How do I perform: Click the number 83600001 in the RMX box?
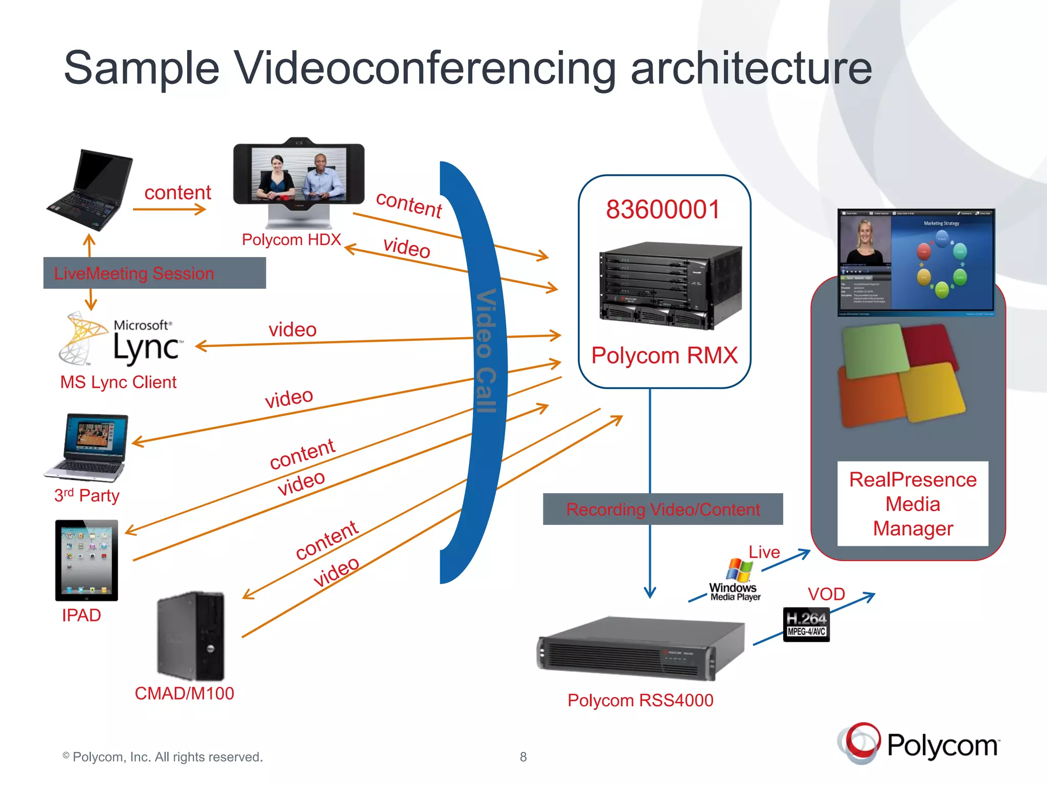pyautogui.click(x=663, y=210)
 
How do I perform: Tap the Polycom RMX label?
pyautogui.click(x=664, y=355)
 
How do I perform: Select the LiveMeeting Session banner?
pyautogui.click(x=154, y=273)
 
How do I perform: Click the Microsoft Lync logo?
pyautogui.click(x=121, y=339)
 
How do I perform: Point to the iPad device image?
pyautogui.click(x=86, y=560)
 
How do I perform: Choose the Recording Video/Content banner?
pyautogui.click(x=663, y=509)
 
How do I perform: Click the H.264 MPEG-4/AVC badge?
pyautogui.click(x=806, y=624)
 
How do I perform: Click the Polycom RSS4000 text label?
pyautogui.click(x=640, y=700)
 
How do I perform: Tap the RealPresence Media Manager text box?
pyautogui.click(x=913, y=504)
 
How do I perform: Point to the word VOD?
pyautogui.click(x=826, y=594)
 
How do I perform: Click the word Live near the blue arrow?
pyautogui.click(x=764, y=552)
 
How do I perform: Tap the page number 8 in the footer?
pyautogui.click(x=523, y=757)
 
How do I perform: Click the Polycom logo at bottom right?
pyautogui.click(x=918, y=744)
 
